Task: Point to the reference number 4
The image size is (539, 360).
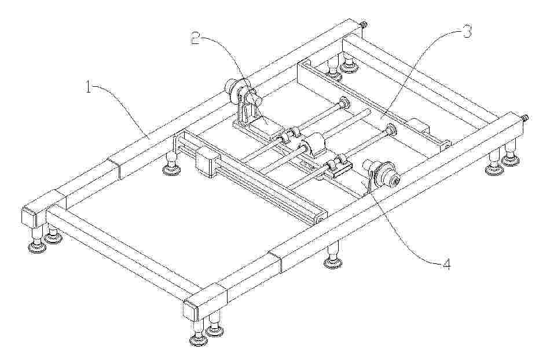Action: tap(446, 265)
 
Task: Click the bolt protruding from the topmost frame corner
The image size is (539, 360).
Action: tap(364, 25)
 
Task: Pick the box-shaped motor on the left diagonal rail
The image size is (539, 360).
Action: tap(207, 161)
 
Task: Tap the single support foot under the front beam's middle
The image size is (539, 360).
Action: tap(332, 255)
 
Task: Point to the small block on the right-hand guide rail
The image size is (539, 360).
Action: tap(418, 126)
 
